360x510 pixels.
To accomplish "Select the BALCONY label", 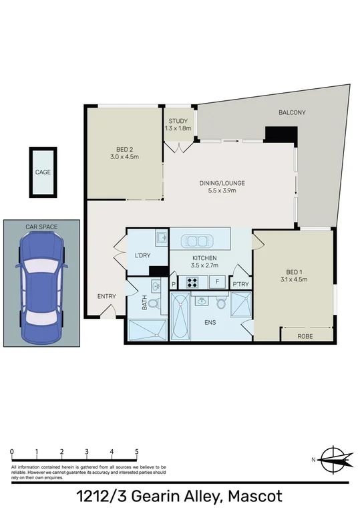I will tap(292, 113).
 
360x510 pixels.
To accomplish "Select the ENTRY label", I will tap(107, 297).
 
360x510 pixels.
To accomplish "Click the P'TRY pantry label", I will tap(240, 285).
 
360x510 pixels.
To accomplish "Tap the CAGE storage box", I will tap(43, 172).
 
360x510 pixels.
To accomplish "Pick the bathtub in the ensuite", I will tap(182, 322).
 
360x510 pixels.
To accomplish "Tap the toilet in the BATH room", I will tap(153, 305).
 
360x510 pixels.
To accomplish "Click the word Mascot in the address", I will tap(256, 496).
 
